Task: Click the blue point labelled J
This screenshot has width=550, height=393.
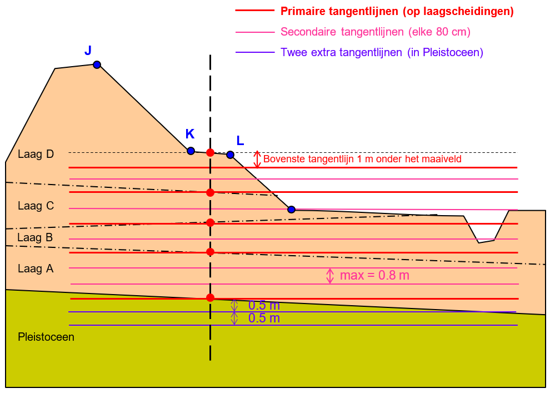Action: click(x=97, y=64)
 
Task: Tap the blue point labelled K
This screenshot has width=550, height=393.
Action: click(x=191, y=151)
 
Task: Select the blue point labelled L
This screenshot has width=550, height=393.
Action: click(x=230, y=155)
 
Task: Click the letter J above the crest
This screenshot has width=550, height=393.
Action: click(x=88, y=51)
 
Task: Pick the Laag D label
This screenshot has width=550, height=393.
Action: click(x=36, y=154)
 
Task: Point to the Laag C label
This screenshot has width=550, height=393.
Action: click(x=36, y=206)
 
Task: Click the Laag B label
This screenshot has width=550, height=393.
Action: click(x=35, y=237)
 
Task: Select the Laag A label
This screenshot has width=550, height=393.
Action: click(x=36, y=268)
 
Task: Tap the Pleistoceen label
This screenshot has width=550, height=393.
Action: click(x=46, y=337)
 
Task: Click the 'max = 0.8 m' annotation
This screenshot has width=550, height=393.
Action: click(x=374, y=275)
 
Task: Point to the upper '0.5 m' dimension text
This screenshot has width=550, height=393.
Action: click(x=264, y=305)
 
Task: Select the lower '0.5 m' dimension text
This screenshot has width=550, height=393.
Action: click(x=264, y=319)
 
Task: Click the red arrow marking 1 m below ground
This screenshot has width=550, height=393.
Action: click(x=257, y=160)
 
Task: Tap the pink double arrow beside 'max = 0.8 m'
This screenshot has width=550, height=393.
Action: click(x=330, y=276)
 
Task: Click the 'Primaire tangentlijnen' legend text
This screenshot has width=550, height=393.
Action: click(x=397, y=11)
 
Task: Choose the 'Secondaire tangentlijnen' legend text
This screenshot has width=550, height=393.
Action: click(x=376, y=32)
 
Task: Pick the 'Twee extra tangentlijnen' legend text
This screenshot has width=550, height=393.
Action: click(x=382, y=53)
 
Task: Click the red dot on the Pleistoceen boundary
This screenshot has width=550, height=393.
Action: click(x=210, y=298)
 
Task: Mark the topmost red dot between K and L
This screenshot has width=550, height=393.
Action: click(x=210, y=152)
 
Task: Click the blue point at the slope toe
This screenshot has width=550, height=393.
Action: click(x=291, y=210)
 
